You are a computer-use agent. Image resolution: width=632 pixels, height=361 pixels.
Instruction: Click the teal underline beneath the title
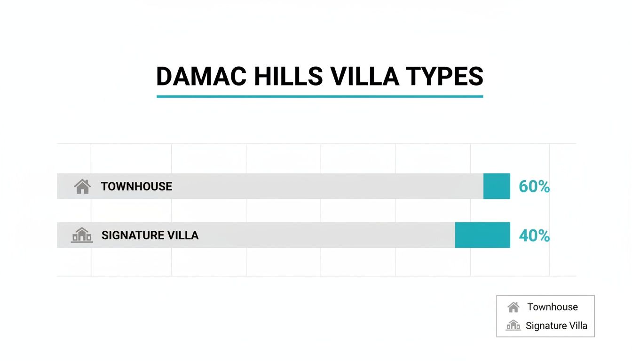[x=319, y=96]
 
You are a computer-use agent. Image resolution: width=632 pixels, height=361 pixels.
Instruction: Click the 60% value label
[x=534, y=187]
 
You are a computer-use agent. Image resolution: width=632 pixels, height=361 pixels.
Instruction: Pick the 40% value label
[x=534, y=235]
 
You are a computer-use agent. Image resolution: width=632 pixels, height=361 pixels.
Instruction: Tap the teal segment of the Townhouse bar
[x=497, y=186]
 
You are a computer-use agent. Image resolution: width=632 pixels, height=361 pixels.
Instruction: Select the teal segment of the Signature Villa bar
[x=482, y=235]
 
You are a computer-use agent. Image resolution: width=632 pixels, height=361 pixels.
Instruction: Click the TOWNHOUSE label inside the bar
[x=136, y=187]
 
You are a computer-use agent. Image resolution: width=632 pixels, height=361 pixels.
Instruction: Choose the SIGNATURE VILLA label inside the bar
[x=150, y=235]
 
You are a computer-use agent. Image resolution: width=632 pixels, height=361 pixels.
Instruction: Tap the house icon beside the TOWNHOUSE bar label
[x=82, y=187]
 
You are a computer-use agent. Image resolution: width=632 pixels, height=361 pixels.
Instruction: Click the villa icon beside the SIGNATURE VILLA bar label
[x=82, y=235]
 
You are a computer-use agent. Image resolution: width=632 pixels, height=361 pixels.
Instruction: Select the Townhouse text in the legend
[x=553, y=307]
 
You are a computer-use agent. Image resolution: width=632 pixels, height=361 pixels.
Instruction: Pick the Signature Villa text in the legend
[x=556, y=326]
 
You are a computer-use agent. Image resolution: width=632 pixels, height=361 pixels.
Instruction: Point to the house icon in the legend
[x=513, y=307]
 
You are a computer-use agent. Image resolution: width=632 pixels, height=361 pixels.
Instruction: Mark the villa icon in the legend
[x=513, y=325]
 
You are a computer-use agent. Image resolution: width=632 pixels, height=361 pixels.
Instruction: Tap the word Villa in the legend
[x=577, y=326]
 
